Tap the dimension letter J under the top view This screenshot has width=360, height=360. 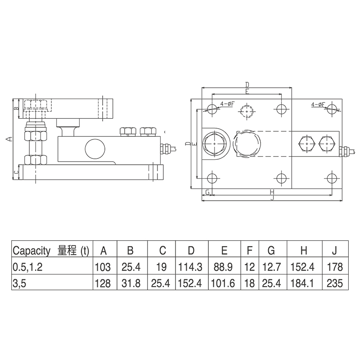pyautogui.click(x=271, y=198)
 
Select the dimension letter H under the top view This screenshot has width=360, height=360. pyautogui.click(x=271, y=192)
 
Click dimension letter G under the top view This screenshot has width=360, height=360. pyautogui.click(x=207, y=192)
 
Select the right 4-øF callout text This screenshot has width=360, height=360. pyautogui.click(x=319, y=104)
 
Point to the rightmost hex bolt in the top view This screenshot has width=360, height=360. pyautogui.click(x=326, y=144)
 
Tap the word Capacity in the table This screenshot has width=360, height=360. pyautogui.click(x=32, y=251)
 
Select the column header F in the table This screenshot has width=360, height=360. pyautogui.click(x=249, y=251)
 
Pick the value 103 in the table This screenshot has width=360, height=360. pyautogui.click(x=103, y=267)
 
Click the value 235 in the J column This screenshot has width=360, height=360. pyautogui.click(x=335, y=283)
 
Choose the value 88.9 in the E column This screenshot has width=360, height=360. pyautogui.click(x=224, y=267)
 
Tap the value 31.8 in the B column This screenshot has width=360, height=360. pyautogui.click(x=130, y=283)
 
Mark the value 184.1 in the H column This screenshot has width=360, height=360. pyautogui.click(x=305, y=283)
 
